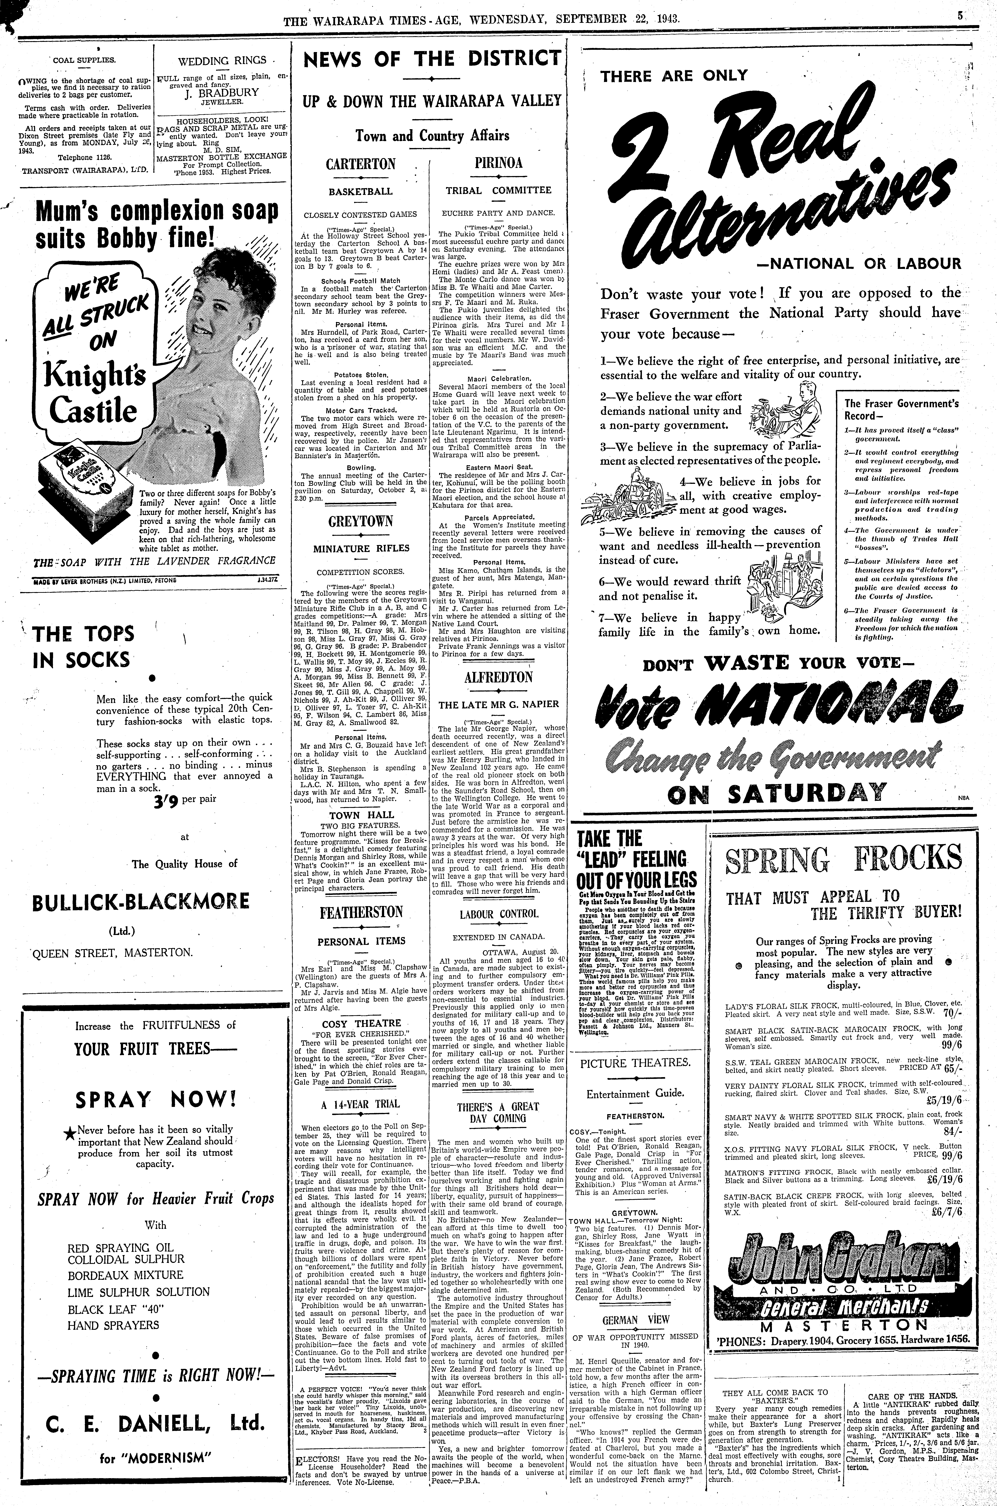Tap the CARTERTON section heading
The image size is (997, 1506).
(x=360, y=164)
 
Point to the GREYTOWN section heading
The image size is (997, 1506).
(x=360, y=522)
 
